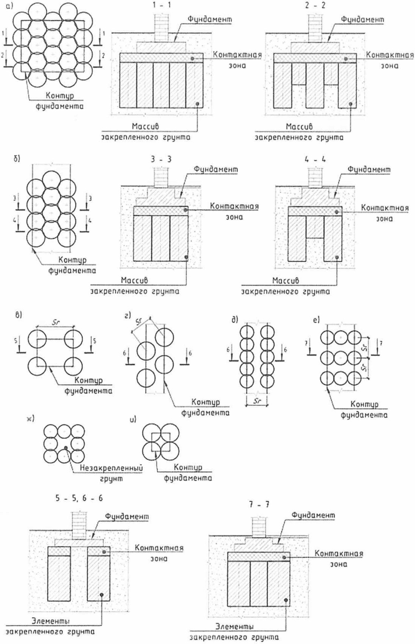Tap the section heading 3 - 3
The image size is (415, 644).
click(161, 159)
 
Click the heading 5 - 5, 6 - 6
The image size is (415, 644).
click(78, 498)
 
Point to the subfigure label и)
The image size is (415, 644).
click(133, 419)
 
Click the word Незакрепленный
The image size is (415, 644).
click(111, 468)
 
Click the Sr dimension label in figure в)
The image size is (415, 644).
click(56, 323)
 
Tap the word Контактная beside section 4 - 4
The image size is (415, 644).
click(385, 208)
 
